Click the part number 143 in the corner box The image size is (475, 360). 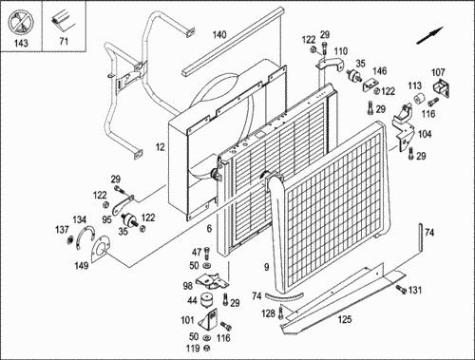click(x=21, y=43)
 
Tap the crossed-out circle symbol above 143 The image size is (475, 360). click(x=21, y=22)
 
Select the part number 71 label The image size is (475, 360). click(x=64, y=41)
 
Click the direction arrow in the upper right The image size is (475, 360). click(x=429, y=35)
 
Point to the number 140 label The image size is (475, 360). click(x=219, y=34)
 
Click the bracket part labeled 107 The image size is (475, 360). click(x=442, y=88)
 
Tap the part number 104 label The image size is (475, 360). click(x=425, y=134)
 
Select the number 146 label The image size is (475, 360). click(x=380, y=71)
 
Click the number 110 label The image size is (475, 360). click(x=341, y=51)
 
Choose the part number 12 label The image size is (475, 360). click(x=161, y=147)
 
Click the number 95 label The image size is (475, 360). click(x=106, y=219)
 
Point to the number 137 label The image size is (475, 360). click(x=62, y=229)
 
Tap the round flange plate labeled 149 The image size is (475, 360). click(x=100, y=249)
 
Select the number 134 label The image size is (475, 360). click(x=79, y=219)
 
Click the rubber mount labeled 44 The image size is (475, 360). click(x=207, y=299)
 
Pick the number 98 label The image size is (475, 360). click(x=188, y=286)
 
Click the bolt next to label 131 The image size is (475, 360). click(x=401, y=289)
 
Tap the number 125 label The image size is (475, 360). click(x=345, y=319)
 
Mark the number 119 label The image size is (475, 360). click(x=193, y=349)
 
